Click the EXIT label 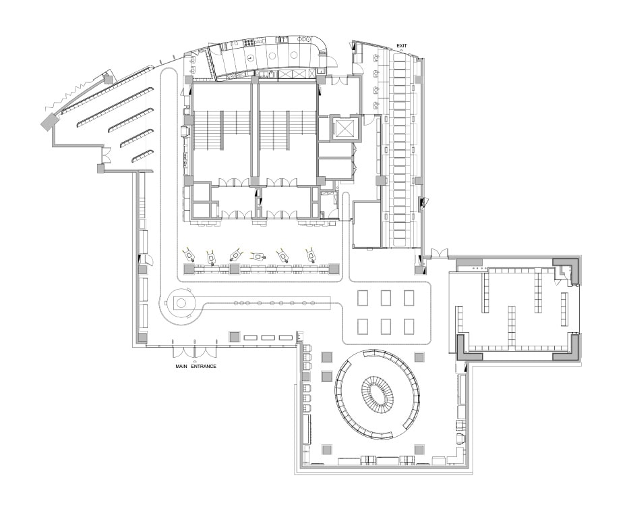(x=401, y=46)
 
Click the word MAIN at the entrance (x=182, y=366)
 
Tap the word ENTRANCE (x=204, y=366)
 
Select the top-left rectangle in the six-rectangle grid (x=363, y=298)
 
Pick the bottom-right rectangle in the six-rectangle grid (x=409, y=326)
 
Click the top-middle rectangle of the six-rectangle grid (x=386, y=298)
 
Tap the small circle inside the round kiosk (x=181, y=302)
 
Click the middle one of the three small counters (x=268, y=338)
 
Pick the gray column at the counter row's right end (x=334, y=269)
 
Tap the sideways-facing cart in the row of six (x=258, y=256)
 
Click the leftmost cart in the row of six (x=189, y=255)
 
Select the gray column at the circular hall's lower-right (x=419, y=450)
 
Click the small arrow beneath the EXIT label (x=401, y=51)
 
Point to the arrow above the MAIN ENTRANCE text (x=195, y=361)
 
